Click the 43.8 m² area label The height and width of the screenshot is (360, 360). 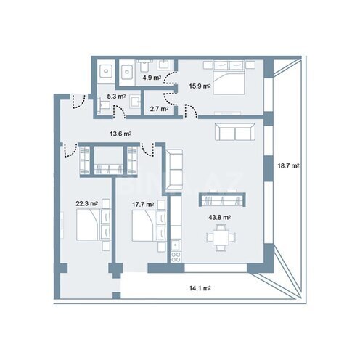(x=219, y=218)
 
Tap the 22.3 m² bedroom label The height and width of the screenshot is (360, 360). (x=87, y=204)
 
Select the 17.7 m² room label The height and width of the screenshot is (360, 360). (x=143, y=205)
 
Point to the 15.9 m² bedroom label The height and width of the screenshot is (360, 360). (x=200, y=86)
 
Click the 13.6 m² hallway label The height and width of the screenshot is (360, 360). (x=120, y=134)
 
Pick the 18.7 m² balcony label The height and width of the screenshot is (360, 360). (x=288, y=166)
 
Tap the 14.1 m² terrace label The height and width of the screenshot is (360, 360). (x=200, y=288)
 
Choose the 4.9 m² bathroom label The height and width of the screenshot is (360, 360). (x=152, y=78)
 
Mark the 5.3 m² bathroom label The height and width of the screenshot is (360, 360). (x=116, y=97)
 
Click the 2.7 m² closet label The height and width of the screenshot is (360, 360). (x=159, y=109)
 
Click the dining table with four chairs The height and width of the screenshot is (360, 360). (x=221, y=237)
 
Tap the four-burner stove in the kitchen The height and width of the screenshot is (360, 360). (x=176, y=257)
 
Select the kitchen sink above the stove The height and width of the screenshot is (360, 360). (x=176, y=245)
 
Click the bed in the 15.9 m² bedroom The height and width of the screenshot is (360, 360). (x=229, y=78)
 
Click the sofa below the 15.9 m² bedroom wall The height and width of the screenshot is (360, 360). (x=235, y=132)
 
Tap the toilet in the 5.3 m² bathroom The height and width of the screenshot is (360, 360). (x=103, y=105)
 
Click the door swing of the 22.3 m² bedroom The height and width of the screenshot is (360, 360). (x=70, y=150)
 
